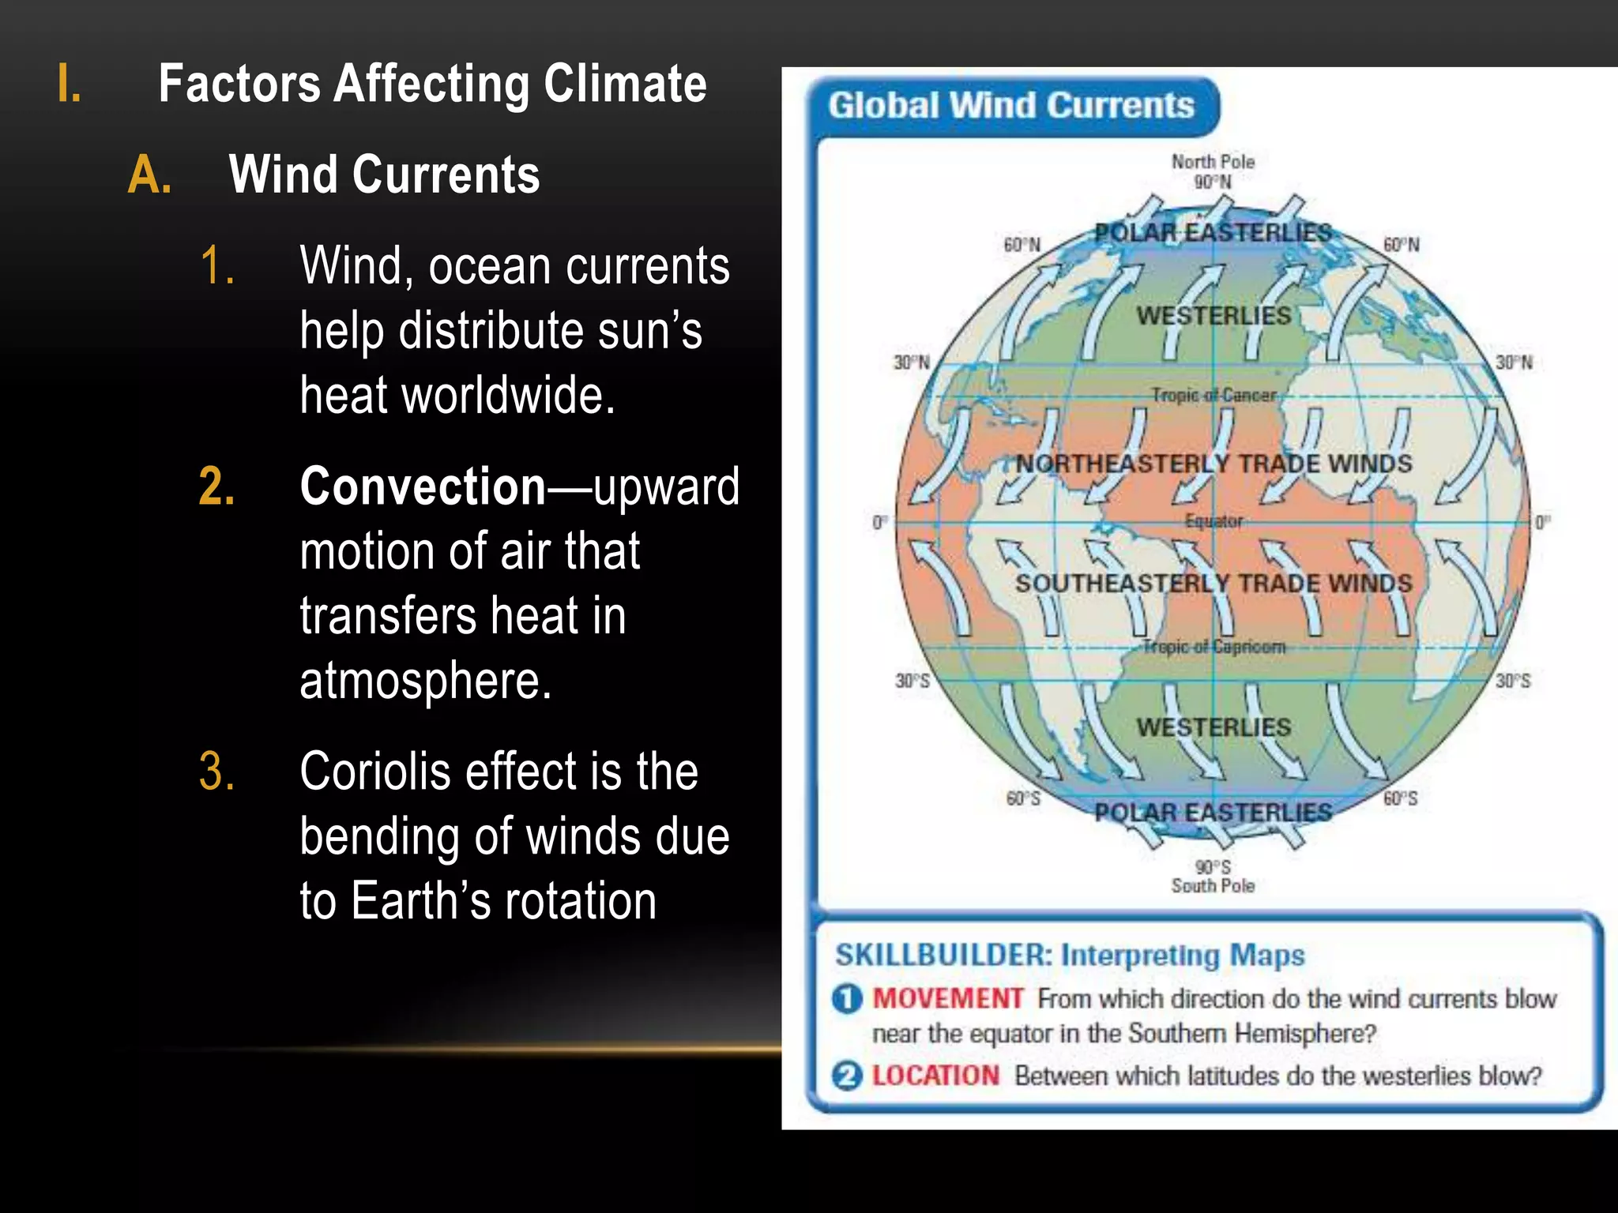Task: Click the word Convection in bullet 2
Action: pyautogui.click(x=423, y=486)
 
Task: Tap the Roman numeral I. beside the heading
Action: pyautogui.click(x=70, y=84)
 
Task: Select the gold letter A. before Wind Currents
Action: pyautogui.click(x=149, y=175)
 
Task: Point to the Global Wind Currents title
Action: pyautogui.click(x=1010, y=106)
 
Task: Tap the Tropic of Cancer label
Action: pyautogui.click(x=1213, y=395)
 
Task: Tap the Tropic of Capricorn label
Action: pyautogui.click(x=1213, y=647)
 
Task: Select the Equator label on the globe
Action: pyautogui.click(x=1213, y=521)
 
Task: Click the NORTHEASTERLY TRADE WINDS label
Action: pyautogui.click(x=1213, y=464)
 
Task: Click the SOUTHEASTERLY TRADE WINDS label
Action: pyautogui.click(x=1213, y=584)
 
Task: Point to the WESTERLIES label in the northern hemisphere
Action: pyautogui.click(x=1213, y=316)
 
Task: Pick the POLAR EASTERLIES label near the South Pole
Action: pyautogui.click(x=1213, y=812)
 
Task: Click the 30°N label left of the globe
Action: pyautogui.click(x=912, y=362)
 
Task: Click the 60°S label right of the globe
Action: pyautogui.click(x=1401, y=798)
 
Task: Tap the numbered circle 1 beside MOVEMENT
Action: pyautogui.click(x=846, y=999)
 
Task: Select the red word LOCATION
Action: pyautogui.click(x=935, y=1076)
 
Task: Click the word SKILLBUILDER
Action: pyautogui.click(x=943, y=956)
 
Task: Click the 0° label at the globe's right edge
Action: pyautogui.click(x=1542, y=522)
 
